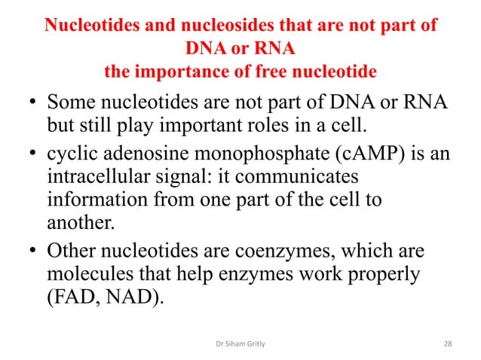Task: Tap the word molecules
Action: (86, 274)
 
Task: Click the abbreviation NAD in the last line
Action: (129, 298)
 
